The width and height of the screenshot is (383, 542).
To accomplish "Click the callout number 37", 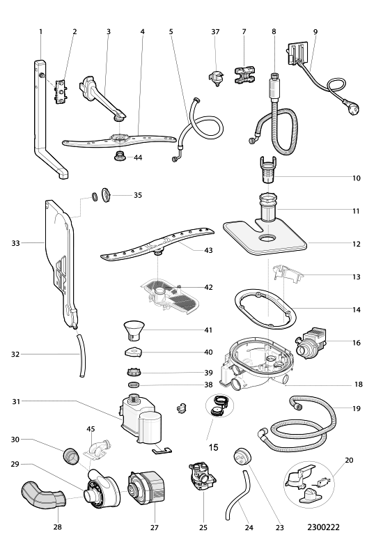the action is click(215, 32).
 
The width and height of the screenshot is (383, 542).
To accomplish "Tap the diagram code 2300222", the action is click(323, 527).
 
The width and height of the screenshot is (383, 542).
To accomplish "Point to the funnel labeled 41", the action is click(134, 331).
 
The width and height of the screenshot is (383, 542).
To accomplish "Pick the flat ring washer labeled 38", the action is click(133, 385).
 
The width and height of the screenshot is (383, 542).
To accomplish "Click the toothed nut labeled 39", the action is click(133, 373).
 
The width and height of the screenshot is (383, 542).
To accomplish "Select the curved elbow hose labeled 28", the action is click(43, 496).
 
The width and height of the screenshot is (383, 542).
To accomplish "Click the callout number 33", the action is click(15, 243).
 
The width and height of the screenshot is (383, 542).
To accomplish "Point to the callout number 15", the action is click(214, 447).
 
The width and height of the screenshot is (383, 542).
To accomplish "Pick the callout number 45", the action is click(91, 429).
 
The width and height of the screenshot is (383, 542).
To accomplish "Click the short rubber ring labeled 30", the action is click(72, 457).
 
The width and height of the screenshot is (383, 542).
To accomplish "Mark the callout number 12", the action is click(357, 244).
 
